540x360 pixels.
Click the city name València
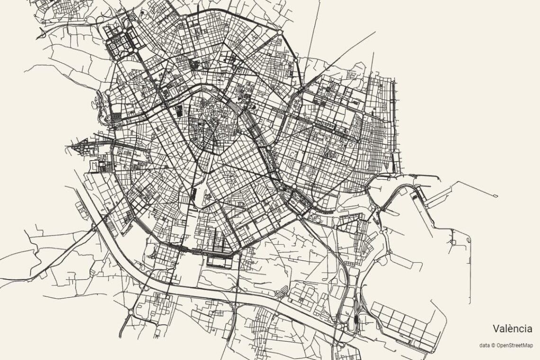(512, 328)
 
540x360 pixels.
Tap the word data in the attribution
(484, 345)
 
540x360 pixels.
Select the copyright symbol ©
(493, 345)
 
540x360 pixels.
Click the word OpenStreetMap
(514, 345)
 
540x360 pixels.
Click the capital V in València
(496, 328)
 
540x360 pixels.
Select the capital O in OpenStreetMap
(498, 345)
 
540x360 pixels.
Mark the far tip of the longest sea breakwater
(496, 196)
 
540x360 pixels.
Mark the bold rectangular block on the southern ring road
(220, 259)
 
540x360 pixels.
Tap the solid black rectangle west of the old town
(179, 111)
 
